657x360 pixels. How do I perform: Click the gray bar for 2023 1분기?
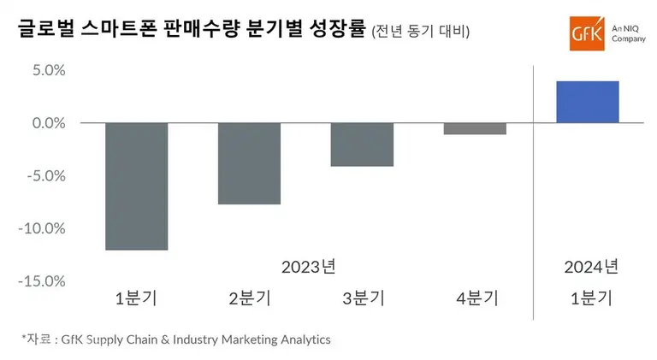point(137,186)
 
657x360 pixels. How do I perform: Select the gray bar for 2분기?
point(249,163)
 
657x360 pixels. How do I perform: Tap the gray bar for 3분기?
point(362,145)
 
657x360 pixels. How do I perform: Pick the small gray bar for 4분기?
point(475,128)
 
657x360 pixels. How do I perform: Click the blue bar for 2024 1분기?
point(588,102)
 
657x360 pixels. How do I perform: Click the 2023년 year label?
point(308,266)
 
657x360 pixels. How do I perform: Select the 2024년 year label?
point(590,266)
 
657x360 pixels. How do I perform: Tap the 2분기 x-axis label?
point(249,298)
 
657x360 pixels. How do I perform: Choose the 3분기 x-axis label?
point(363,298)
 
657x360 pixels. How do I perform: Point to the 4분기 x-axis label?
point(475,298)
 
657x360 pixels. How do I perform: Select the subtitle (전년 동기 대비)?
point(420,32)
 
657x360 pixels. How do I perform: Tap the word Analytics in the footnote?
point(299,339)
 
